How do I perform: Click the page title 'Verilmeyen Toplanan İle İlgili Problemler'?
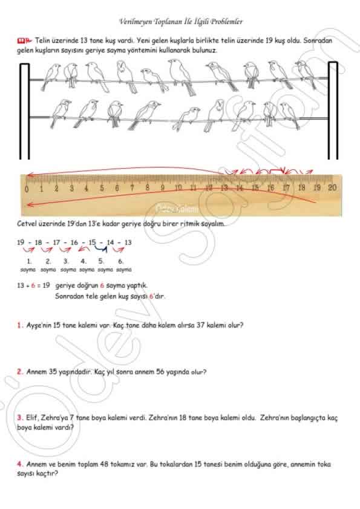[181, 22]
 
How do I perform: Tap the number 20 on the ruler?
[332, 187]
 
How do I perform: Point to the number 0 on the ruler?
[26, 189]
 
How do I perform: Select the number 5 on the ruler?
[102, 187]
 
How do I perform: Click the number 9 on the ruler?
[163, 187]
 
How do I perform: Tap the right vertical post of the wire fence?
[333, 111]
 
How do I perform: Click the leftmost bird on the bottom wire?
[61, 113]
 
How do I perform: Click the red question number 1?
[19, 325]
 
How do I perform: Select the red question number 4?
[19, 464]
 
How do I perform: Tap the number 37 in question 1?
[201, 325]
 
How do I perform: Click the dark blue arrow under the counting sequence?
[101, 248]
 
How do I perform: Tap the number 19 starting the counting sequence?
[21, 242]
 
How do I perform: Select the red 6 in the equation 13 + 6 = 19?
[33, 285]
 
